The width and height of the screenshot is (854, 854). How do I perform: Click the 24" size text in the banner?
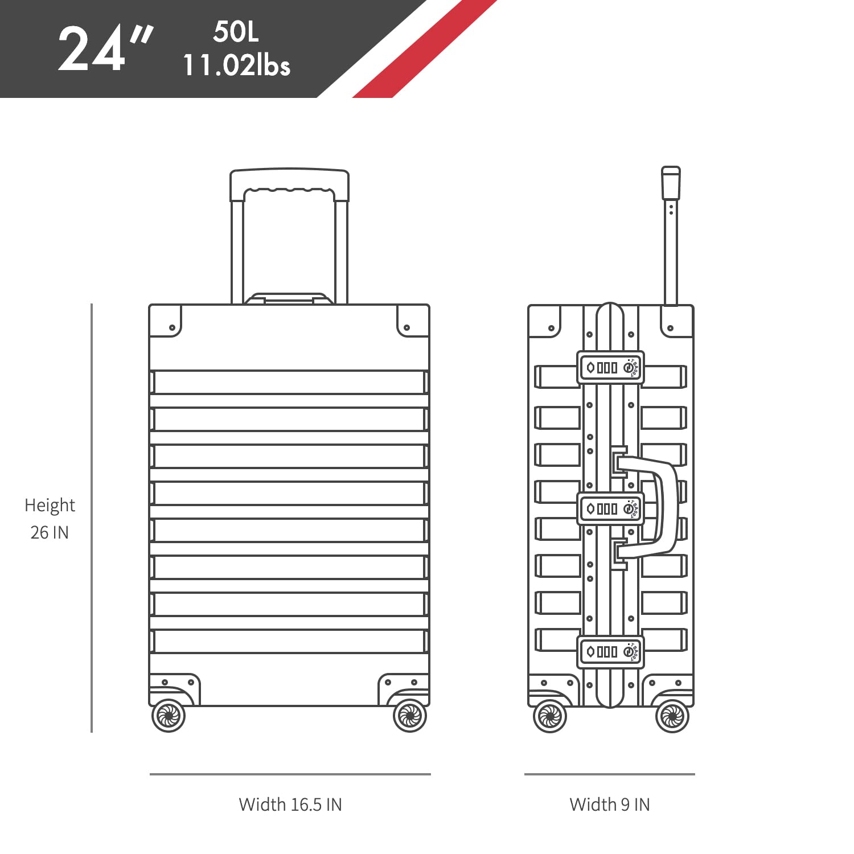tap(106, 50)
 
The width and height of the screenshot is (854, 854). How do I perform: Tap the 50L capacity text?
tap(236, 32)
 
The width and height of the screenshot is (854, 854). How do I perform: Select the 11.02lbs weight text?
tap(236, 65)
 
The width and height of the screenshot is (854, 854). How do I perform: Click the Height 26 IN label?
tap(50, 519)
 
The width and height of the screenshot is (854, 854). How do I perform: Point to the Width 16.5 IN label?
tap(290, 804)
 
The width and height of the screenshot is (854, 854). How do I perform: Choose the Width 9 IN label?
tap(610, 804)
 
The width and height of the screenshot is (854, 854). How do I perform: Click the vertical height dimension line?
tap(91, 518)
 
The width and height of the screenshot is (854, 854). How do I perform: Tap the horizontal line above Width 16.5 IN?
tap(290, 774)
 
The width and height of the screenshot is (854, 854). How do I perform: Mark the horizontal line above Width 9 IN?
tap(610, 774)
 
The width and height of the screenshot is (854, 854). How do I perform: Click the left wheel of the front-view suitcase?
tap(169, 716)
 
